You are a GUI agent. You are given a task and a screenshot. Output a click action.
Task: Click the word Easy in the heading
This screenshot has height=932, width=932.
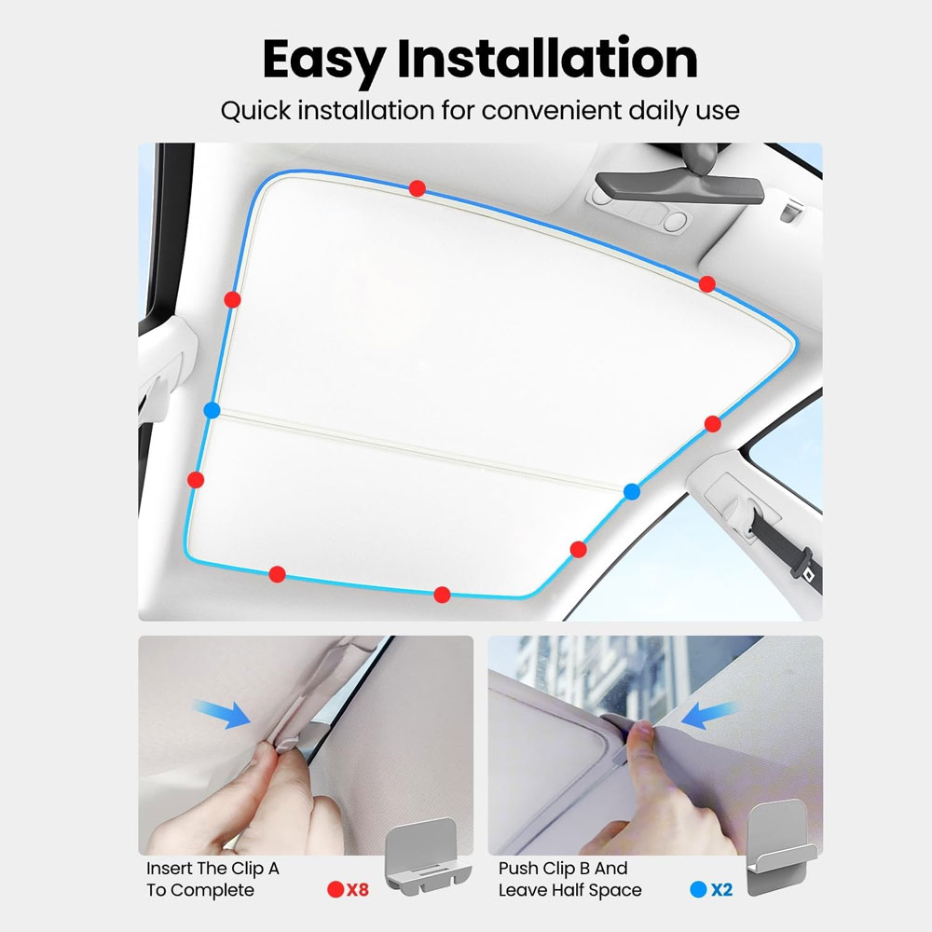[323, 60]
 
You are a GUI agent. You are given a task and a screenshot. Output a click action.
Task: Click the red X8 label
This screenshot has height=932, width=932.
[358, 889]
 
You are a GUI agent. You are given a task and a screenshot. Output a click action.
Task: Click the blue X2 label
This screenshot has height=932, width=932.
[721, 889]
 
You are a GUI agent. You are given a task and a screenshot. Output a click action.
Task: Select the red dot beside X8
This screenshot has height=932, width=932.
[336, 889]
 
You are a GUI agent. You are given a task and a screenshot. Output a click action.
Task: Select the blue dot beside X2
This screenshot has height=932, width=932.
[698, 889]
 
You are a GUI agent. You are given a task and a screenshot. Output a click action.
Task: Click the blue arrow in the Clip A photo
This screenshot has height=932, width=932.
[223, 713]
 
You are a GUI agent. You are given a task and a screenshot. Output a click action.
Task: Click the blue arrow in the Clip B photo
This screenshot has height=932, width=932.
[709, 715]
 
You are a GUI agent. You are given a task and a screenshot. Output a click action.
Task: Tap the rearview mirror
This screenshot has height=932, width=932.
[678, 185]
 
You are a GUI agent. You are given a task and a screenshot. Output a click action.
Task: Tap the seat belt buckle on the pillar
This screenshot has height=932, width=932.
[806, 573]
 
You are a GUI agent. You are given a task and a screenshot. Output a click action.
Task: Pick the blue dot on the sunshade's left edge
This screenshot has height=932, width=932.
[212, 410]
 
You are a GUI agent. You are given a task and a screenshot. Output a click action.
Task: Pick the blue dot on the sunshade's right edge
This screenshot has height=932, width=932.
[632, 491]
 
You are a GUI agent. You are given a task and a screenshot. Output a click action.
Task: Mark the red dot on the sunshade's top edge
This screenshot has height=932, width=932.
[418, 188]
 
